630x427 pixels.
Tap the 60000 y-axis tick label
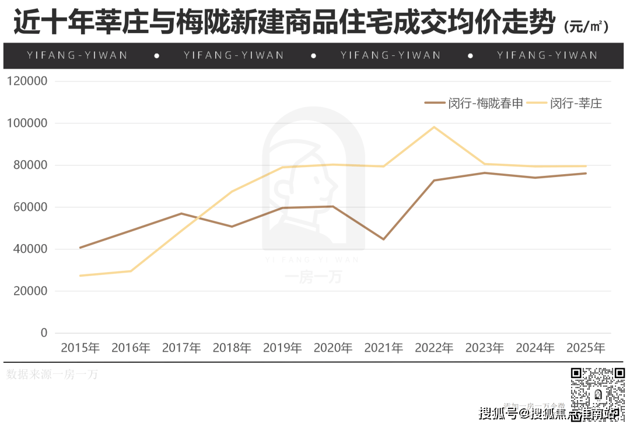click(x=28, y=207)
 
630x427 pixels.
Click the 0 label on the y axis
click(x=43, y=333)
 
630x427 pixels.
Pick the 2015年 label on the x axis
click(x=80, y=348)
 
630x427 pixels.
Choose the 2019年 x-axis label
click(x=282, y=348)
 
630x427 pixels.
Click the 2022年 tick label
click(x=434, y=348)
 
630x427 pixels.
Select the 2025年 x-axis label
click(x=586, y=348)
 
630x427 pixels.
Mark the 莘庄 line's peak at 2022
click(x=434, y=127)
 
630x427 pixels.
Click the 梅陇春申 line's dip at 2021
click(x=384, y=239)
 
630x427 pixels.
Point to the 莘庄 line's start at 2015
click(x=80, y=276)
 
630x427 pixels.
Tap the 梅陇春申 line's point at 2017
click(x=181, y=213)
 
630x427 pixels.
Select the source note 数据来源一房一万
click(x=52, y=375)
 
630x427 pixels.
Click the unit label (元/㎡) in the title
click(x=586, y=26)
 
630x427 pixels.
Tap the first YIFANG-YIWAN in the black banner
click(x=77, y=55)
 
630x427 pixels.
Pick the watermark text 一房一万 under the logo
click(x=313, y=276)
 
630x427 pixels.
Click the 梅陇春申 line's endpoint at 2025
click(x=586, y=173)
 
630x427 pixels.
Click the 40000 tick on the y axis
click(x=28, y=249)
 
